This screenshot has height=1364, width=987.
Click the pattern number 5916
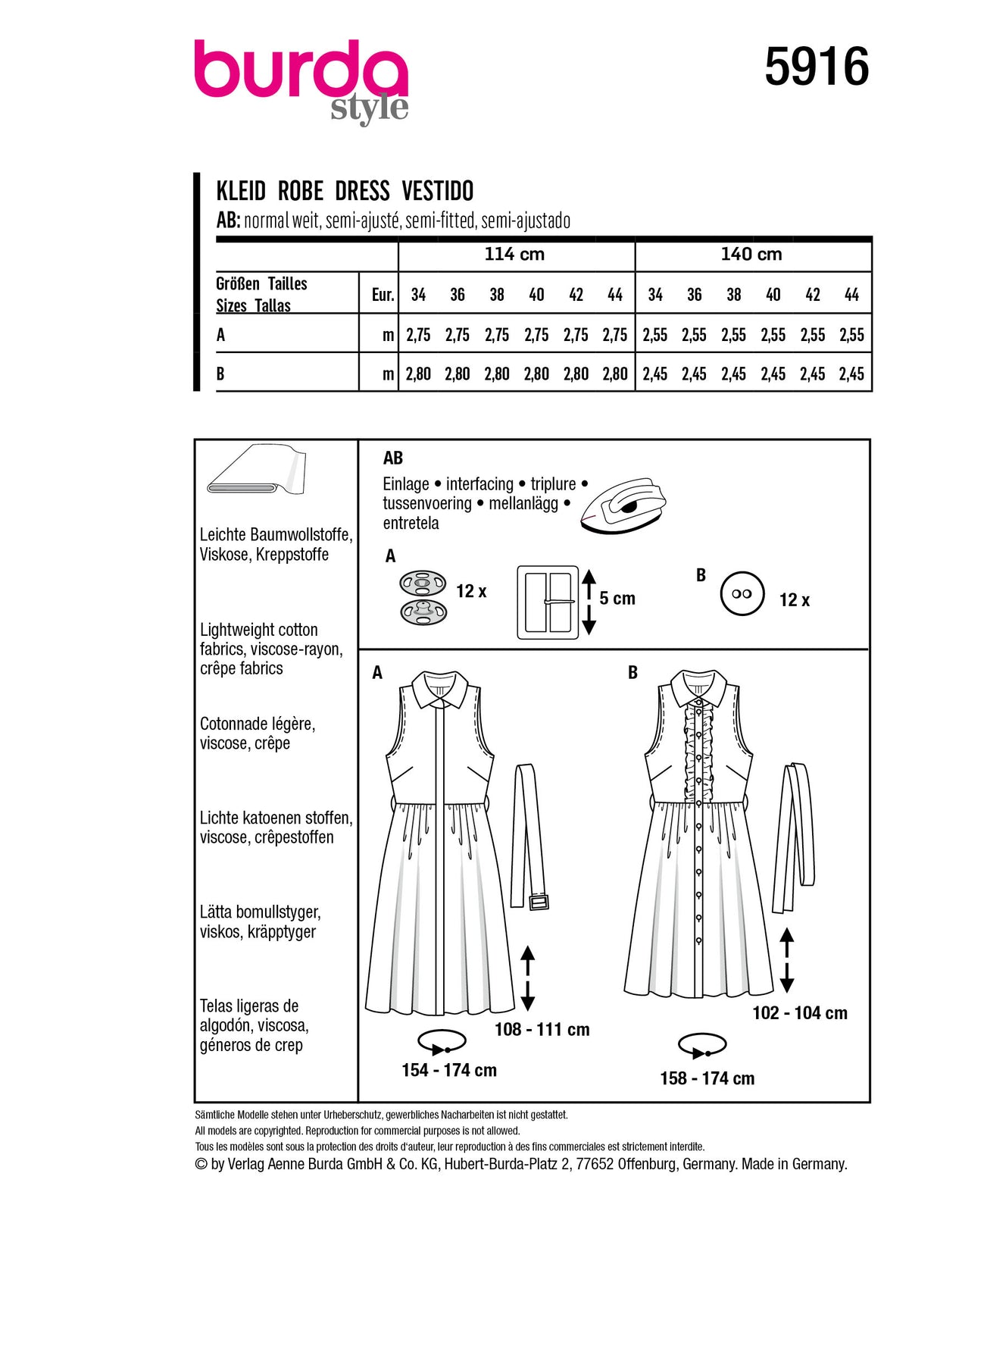(816, 67)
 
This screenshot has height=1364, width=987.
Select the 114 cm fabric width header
(514, 255)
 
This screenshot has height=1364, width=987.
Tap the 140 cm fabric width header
(751, 255)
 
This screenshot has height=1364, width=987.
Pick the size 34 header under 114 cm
(418, 295)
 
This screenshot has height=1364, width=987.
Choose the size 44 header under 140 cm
(851, 295)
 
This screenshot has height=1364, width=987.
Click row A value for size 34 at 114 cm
(418, 335)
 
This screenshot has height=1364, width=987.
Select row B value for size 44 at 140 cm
(851, 374)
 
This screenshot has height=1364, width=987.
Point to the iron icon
(623, 505)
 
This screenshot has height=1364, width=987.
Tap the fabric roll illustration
(255, 470)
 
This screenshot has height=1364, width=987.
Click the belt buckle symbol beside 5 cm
(548, 602)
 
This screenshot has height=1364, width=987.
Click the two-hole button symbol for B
(742, 594)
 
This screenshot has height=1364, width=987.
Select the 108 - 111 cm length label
(542, 1029)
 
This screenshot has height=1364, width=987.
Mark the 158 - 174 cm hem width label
(707, 1078)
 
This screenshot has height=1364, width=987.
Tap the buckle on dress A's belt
(539, 901)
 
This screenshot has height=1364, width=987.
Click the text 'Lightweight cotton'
(258, 630)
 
